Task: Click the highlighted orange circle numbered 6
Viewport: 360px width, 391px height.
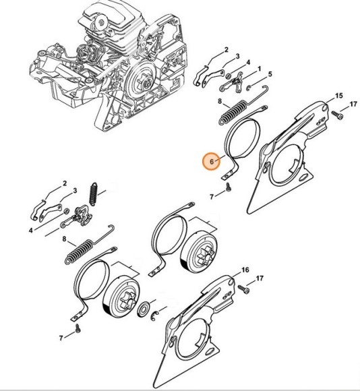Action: [x=212, y=162]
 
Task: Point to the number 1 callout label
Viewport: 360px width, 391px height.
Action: [x=260, y=69]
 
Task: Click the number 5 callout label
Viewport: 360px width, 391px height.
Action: [x=270, y=74]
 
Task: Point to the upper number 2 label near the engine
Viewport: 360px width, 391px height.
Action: [x=226, y=50]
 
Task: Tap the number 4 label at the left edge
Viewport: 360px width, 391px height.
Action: [x=30, y=230]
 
